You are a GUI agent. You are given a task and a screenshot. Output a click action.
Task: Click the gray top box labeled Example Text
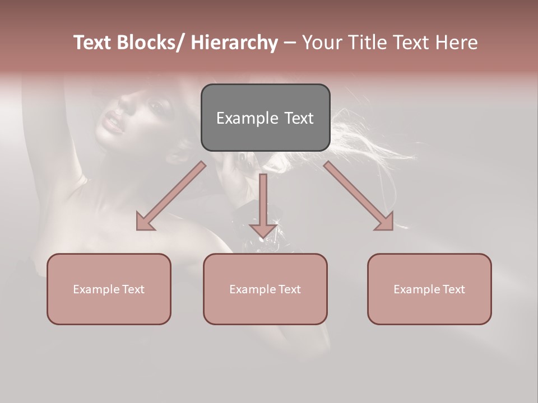tap(265, 118)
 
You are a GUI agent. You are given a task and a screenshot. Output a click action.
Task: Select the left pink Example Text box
tap(109, 289)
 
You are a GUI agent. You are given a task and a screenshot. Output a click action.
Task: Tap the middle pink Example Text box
tap(265, 289)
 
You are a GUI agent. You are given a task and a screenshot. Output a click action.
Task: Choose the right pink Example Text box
tap(429, 289)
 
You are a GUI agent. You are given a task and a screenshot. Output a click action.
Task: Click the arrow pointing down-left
tap(171, 196)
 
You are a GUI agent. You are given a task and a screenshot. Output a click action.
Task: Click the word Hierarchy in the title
tap(234, 43)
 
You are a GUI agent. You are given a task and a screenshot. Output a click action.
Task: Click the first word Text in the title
tap(92, 43)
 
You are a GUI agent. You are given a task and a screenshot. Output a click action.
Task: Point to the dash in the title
tap(290, 43)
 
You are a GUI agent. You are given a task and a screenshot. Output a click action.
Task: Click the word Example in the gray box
tap(247, 118)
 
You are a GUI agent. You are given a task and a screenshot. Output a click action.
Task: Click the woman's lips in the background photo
tap(114, 122)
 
